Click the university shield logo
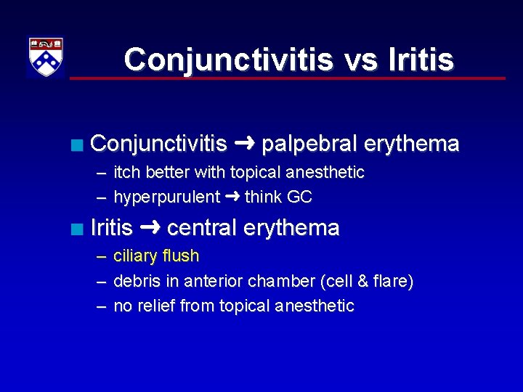coord(46,57)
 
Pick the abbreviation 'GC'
coord(300,197)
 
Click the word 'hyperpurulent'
coord(166,197)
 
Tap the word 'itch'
coord(127,173)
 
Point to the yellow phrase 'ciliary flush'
coord(156,256)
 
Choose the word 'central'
coord(202,229)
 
